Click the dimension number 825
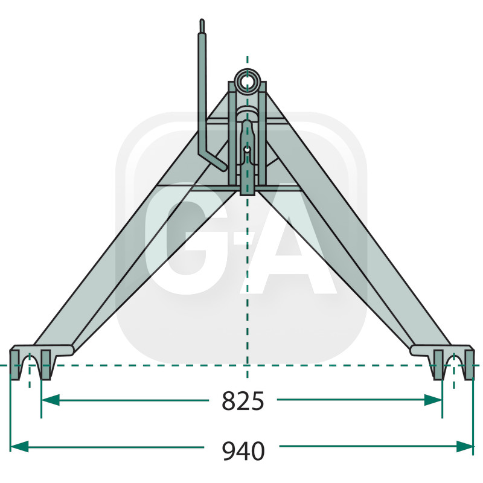(x=243, y=400)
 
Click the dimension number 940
(x=243, y=450)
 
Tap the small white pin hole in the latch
(x=247, y=149)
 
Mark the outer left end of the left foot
(x=12, y=362)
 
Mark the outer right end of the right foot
(x=472, y=362)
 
